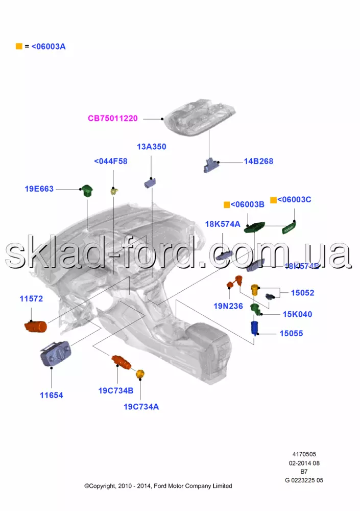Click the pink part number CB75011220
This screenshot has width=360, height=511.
(x=112, y=119)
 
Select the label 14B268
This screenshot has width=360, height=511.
(x=258, y=161)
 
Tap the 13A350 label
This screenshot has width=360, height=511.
(x=151, y=147)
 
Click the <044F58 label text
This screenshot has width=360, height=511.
(x=111, y=161)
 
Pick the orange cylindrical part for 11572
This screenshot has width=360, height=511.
(x=36, y=326)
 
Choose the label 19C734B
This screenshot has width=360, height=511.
(x=116, y=391)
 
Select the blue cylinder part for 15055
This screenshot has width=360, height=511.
(x=254, y=328)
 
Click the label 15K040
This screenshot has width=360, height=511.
(x=298, y=314)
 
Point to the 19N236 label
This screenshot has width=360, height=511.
(x=228, y=307)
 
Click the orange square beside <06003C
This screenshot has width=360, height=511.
(x=273, y=200)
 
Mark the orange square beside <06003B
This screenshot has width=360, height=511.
(x=227, y=205)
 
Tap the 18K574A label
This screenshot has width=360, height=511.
(x=223, y=224)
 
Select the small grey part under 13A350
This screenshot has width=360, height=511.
(x=151, y=182)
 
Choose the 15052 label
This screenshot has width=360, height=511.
(x=303, y=293)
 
